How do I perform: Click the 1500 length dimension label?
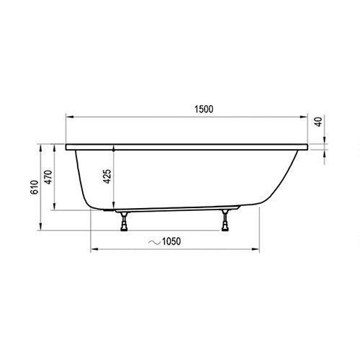(204, 109)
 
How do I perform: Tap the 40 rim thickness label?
(318, 122)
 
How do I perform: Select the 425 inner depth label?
(107, 176)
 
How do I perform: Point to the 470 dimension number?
(48, 177)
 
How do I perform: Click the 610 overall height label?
(35, 187)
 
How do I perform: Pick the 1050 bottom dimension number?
(171, 241)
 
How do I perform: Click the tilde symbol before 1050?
(154, 243)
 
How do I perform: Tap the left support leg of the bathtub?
(124, 221)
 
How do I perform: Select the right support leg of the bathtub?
(225, 220)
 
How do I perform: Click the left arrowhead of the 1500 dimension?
(69, 117)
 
